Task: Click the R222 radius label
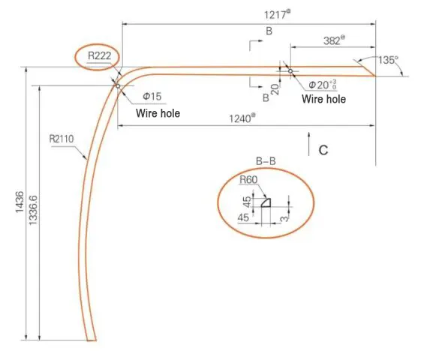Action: coord(101,55)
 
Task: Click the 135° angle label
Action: coord(387,58)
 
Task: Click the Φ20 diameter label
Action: coord(321,86)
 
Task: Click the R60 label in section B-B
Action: coord(248,180)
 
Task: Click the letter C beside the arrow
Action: coord(323,150)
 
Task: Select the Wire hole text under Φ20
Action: coord(323,99)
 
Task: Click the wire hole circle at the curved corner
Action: coord(118,86)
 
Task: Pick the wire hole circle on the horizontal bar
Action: coord(290,72)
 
